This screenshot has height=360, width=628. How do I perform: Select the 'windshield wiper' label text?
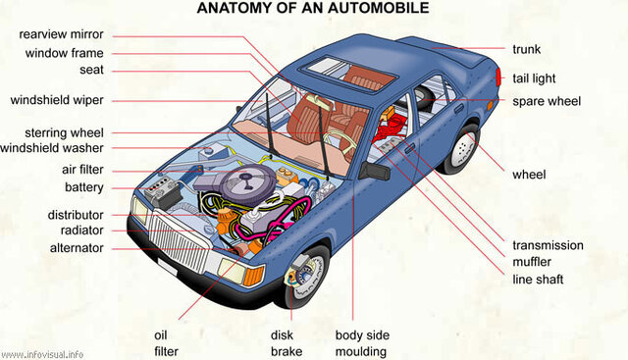(x=57, y=100)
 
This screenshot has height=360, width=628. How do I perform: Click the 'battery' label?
(x=84, y=187)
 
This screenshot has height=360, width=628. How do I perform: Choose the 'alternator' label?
(x=78, y=248)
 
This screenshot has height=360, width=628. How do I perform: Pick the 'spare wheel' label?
(x=547, y=101)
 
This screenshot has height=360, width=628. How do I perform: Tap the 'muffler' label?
(x=532, y=262)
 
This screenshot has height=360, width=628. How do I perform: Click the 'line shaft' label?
(x=538, y=280)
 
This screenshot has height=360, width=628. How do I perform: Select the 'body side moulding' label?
(x=361, y=342)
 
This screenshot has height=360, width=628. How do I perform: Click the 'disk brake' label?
(x=287, y=342)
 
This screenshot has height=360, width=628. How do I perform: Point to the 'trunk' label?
(x=526, y=49)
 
